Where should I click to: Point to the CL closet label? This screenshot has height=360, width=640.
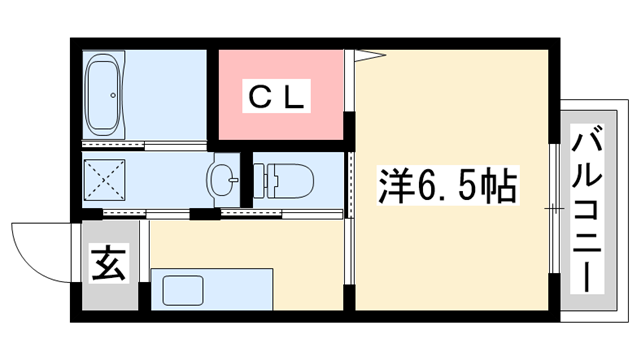click(x=280, y=98)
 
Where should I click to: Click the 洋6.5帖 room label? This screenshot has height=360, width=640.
click(x=447, y=187)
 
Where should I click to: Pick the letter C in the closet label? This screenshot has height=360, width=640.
click(x=258, y=98)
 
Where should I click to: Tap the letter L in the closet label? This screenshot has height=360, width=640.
click(x=302, y=98)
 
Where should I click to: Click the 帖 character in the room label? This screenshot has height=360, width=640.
click(x=500, y=187)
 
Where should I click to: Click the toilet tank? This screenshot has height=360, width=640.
click(x=265, y=181)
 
